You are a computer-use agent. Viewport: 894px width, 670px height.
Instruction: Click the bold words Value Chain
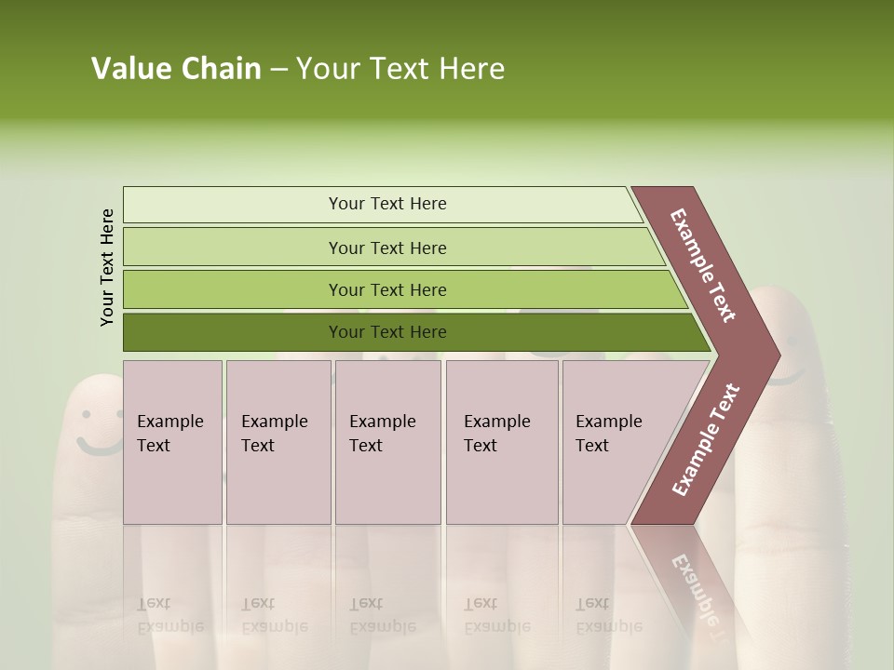(x=176, y=69)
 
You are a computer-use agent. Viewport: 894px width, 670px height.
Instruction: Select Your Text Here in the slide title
(x=400, y=69)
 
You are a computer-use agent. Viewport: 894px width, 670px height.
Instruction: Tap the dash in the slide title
(x=278, y=70)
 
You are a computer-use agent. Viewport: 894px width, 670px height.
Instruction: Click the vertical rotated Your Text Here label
(x=107, y=267)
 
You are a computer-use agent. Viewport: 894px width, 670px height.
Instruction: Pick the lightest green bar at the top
(x=386, y=204)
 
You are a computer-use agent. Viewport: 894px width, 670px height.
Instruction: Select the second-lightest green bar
(x=386, y=248)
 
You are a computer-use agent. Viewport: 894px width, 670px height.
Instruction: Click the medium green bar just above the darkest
(x=386, y=289)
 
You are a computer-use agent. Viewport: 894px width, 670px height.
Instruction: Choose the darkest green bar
(x=386, y=332)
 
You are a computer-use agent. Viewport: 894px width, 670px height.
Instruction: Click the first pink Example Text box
(x=172, y=442)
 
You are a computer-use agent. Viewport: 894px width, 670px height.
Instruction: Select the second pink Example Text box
(x=278, y=442)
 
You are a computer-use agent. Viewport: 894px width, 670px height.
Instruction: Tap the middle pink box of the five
(x=387, y=442)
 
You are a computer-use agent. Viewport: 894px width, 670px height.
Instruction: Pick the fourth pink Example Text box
(x=502, y=442)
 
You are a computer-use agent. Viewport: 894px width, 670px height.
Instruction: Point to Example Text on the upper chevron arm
(x=703, y=265)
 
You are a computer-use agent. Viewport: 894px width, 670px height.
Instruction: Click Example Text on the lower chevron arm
(x=705, y=440)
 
